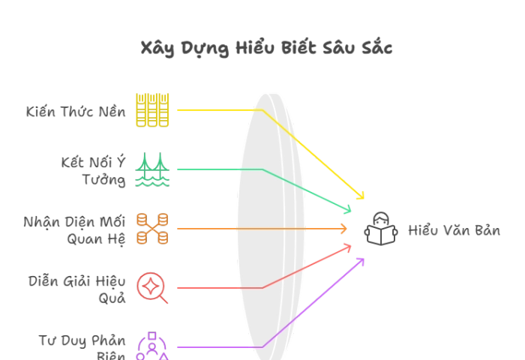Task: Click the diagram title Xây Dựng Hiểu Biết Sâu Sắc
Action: coord(266,48)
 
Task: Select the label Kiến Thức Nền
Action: coord(76,111)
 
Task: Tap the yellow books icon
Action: coord(152,109)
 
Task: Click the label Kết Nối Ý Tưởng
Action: coord(94,171)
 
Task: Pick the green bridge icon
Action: coord(152,169)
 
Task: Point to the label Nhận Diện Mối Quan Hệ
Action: coord(75,230)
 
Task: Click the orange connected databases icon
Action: coord(152,229)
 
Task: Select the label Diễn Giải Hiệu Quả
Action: coord(77,289)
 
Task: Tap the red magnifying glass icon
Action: coord(152,288)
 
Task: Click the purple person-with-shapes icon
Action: coord(152,346)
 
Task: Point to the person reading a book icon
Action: coord(381,229)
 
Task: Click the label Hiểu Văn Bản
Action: coord(454,230)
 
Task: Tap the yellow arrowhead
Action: coord(361,196)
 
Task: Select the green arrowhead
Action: coord(348,209)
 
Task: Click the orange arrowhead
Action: coord(343,229)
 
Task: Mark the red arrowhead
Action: coord(348,248)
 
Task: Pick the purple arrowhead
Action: coord(361,261)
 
